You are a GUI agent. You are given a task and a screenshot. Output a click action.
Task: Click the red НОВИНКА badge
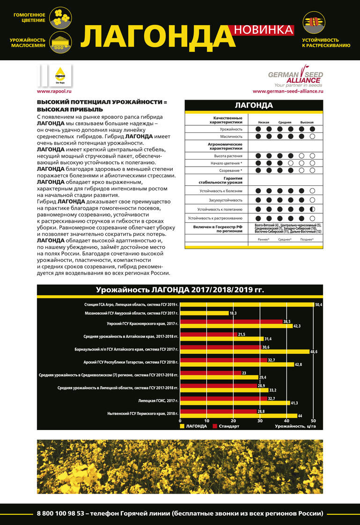263,29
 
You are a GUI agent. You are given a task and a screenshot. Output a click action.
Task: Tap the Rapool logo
60,75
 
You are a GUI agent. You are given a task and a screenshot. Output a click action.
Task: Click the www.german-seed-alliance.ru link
287,91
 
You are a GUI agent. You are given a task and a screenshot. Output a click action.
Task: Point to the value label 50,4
318,305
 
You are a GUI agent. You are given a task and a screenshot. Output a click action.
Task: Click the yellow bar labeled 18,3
204,313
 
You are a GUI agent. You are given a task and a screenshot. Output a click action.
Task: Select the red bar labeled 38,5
231,321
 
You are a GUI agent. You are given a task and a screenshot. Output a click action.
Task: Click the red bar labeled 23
211,373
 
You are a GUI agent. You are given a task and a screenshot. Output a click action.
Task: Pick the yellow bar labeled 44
238,416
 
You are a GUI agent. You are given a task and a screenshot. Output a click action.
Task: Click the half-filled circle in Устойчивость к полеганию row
312,209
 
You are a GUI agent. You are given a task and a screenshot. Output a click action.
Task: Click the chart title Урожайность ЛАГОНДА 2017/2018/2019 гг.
180,290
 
